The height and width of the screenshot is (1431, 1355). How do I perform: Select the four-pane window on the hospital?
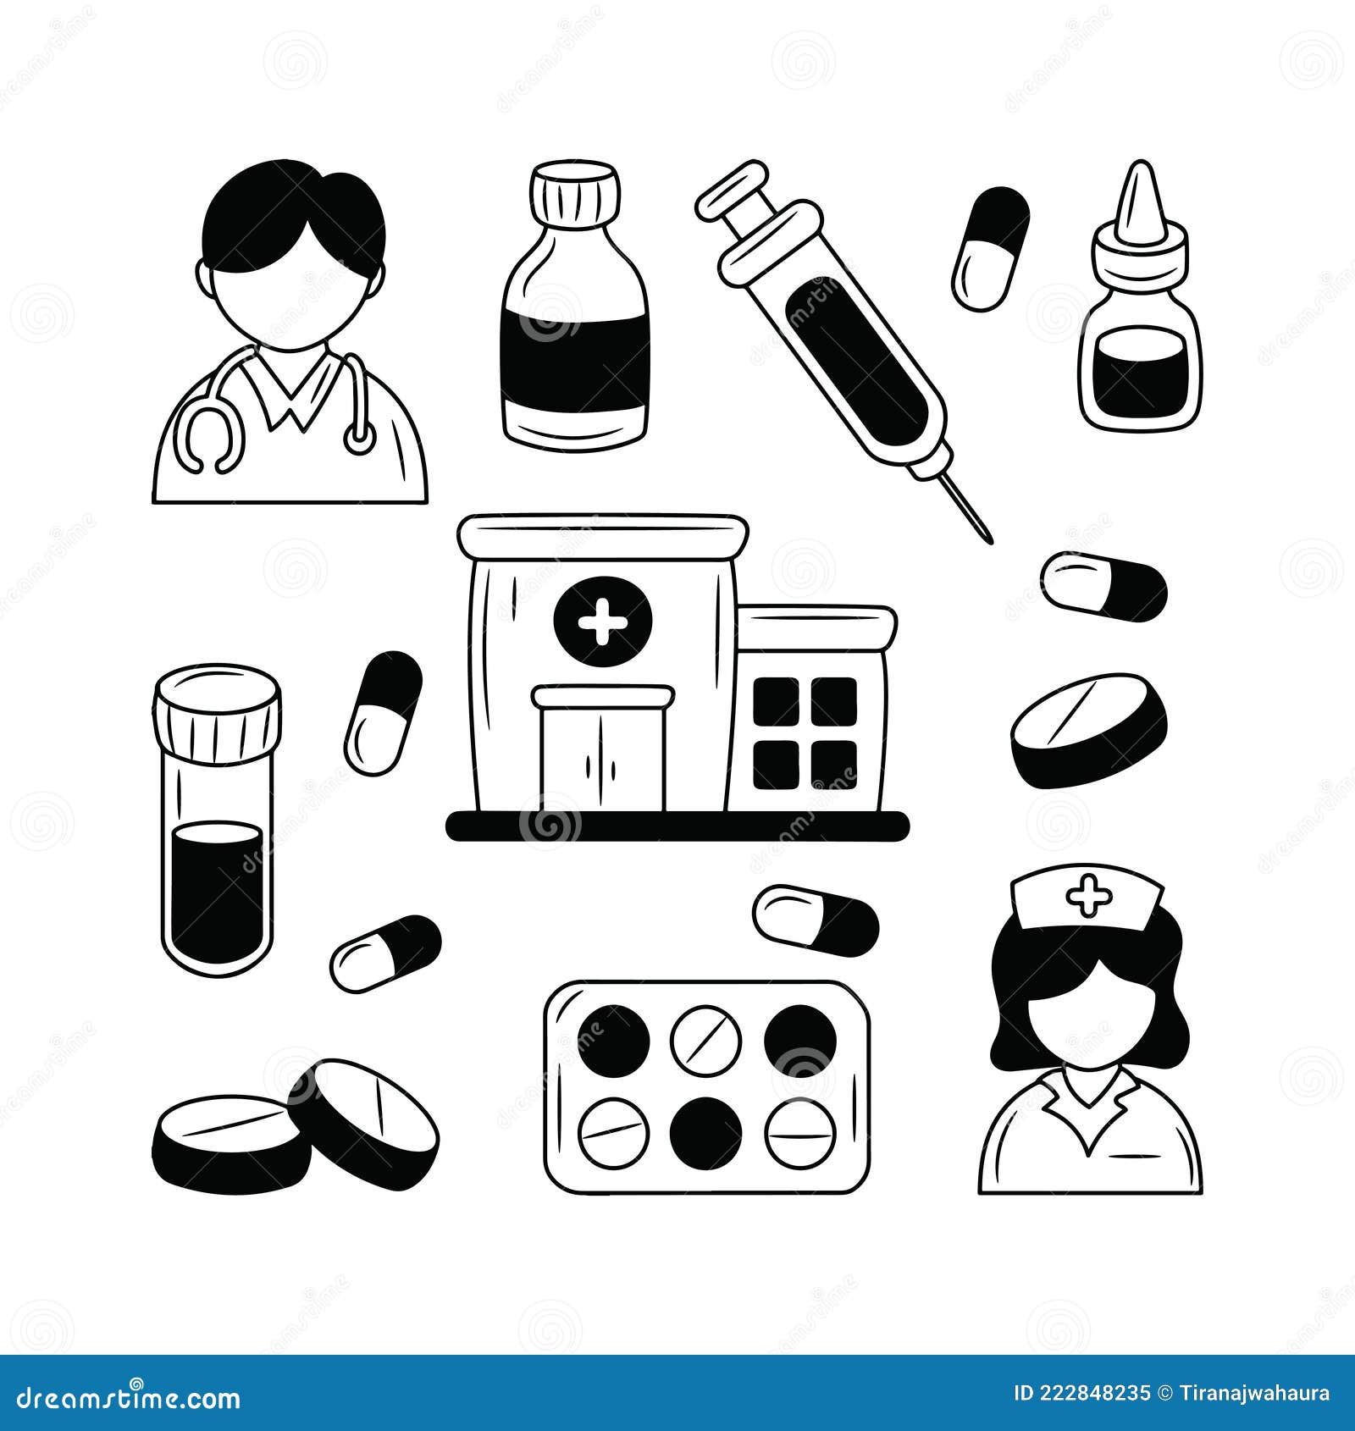pyautogui.click(x=804, y=732)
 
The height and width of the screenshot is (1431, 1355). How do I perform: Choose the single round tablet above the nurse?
pyautogui.click(x=1088, y=728)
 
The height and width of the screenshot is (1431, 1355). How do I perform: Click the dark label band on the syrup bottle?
pyautogui.click(x=575, y=360)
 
